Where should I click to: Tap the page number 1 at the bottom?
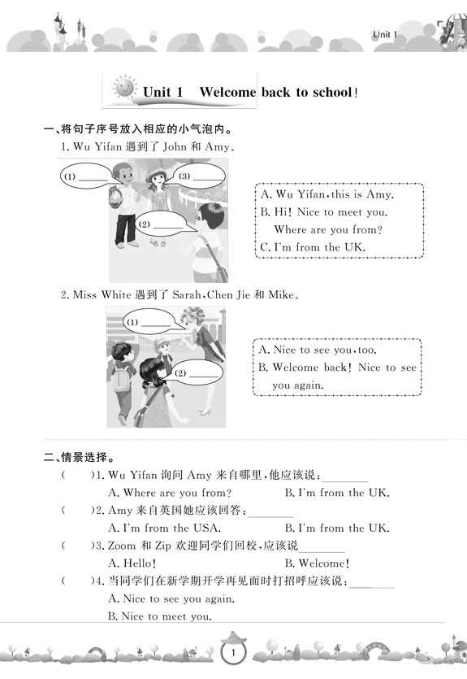click(233, 652)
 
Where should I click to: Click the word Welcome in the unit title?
click(227, 92)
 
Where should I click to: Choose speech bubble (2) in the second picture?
click(197, 373)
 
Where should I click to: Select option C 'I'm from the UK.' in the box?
click(313, 247)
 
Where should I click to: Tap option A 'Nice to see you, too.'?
click(318, 350)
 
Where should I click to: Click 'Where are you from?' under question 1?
click(170, 493)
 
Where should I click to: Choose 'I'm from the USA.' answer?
click(165, 529)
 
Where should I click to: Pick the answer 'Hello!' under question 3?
click(132, 564)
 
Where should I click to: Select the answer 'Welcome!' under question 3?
click(317, 564)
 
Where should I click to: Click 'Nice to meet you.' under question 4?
click(160, 616)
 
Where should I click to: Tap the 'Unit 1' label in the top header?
click(384, 35)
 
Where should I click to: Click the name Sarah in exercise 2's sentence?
click(186, 295)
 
